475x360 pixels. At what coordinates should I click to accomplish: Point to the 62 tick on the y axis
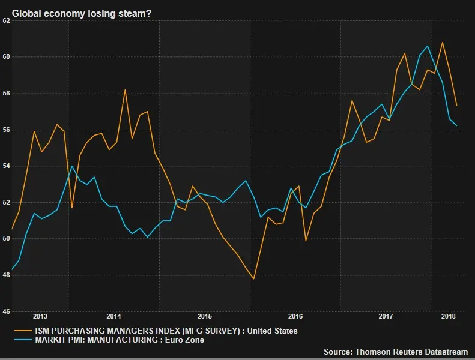[5, 20]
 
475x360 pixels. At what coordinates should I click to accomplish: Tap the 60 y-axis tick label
[5, 57]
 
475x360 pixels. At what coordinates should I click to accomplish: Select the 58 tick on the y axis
[5, 94]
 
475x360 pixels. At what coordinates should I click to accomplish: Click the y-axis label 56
[5, 130]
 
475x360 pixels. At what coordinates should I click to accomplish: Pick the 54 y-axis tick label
[5, 166]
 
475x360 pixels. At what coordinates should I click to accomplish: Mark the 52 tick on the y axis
[5, 203]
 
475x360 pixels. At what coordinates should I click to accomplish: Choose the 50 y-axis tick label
[5, 239]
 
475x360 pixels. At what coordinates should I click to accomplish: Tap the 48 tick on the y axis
[5, 275]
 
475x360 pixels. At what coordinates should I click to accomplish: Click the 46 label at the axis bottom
[5, 312]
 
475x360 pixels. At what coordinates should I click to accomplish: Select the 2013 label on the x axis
[40, 316]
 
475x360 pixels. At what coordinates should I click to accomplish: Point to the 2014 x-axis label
[114, 316]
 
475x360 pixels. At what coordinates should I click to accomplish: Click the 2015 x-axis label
[205, 316]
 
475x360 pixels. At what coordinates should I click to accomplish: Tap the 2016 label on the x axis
[295, 316]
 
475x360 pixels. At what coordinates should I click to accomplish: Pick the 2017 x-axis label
[386, 316]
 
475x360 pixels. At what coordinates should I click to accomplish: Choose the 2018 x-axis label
[448, 316]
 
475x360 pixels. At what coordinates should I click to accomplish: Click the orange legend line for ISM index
[23, 331]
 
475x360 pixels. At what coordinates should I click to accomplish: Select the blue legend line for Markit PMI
[23, 340]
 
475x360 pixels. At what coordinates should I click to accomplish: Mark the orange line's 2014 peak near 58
[125, 90]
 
